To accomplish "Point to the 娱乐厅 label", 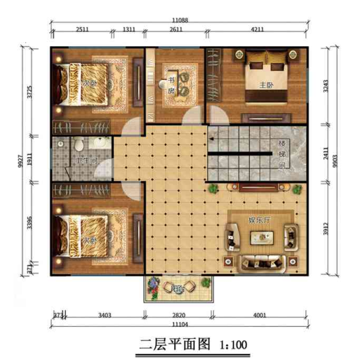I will point(258,220).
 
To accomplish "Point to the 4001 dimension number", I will point(259,316).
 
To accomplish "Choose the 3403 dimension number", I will point(104,316).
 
